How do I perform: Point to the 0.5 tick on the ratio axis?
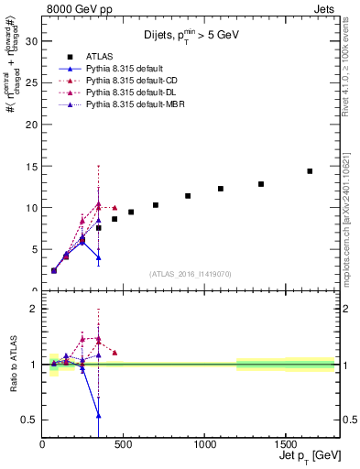tap(28, 420)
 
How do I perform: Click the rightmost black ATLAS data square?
tap(310, 171)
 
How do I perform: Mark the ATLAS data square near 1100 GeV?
tap(221, 189)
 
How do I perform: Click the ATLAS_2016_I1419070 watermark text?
tap(191, 273)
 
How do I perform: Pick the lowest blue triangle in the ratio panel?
tap(98, 415)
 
